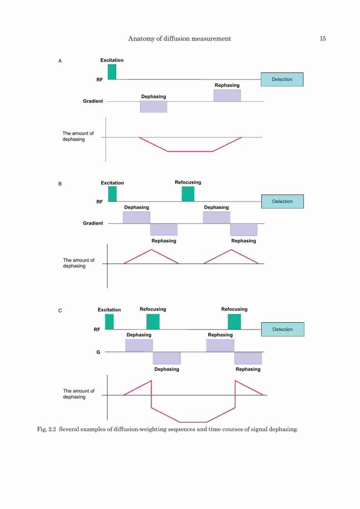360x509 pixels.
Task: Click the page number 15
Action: coord(323,39)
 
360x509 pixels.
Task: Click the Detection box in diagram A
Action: coord(282,79)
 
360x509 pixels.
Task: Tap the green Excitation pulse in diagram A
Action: coord(112,72)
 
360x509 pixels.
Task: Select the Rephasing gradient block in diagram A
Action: coord(227,96)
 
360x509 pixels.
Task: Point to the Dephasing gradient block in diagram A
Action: coord(154,107)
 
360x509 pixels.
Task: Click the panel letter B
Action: coord(60,184)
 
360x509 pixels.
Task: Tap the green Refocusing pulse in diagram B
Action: coord(188,194)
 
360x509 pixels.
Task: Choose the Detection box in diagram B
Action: coord(283,201)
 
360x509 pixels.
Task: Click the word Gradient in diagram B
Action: coord(93,223)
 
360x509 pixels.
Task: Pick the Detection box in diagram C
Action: coord(283,329)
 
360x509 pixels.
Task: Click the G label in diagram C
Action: coord(98,352)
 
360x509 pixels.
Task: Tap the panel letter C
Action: coord(60,310)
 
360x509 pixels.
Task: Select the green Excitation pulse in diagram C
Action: coord(109,322)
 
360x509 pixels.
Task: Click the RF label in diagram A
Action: coord(100,80)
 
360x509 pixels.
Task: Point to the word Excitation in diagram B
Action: coord(113,183)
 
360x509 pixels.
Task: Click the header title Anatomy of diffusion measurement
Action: coord(180,39)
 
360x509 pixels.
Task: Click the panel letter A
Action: coord(60,61)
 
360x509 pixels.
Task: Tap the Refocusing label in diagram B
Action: coord(188,182)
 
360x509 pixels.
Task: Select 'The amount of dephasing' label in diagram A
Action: coord(78,136)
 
